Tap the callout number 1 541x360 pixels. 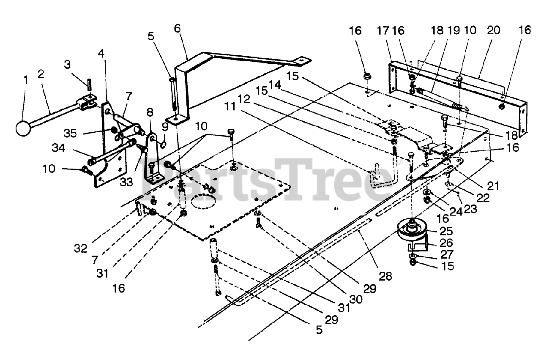(x=25, y=79)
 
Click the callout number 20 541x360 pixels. (x=493, y=30)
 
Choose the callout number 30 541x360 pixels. (x=356, y=299)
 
